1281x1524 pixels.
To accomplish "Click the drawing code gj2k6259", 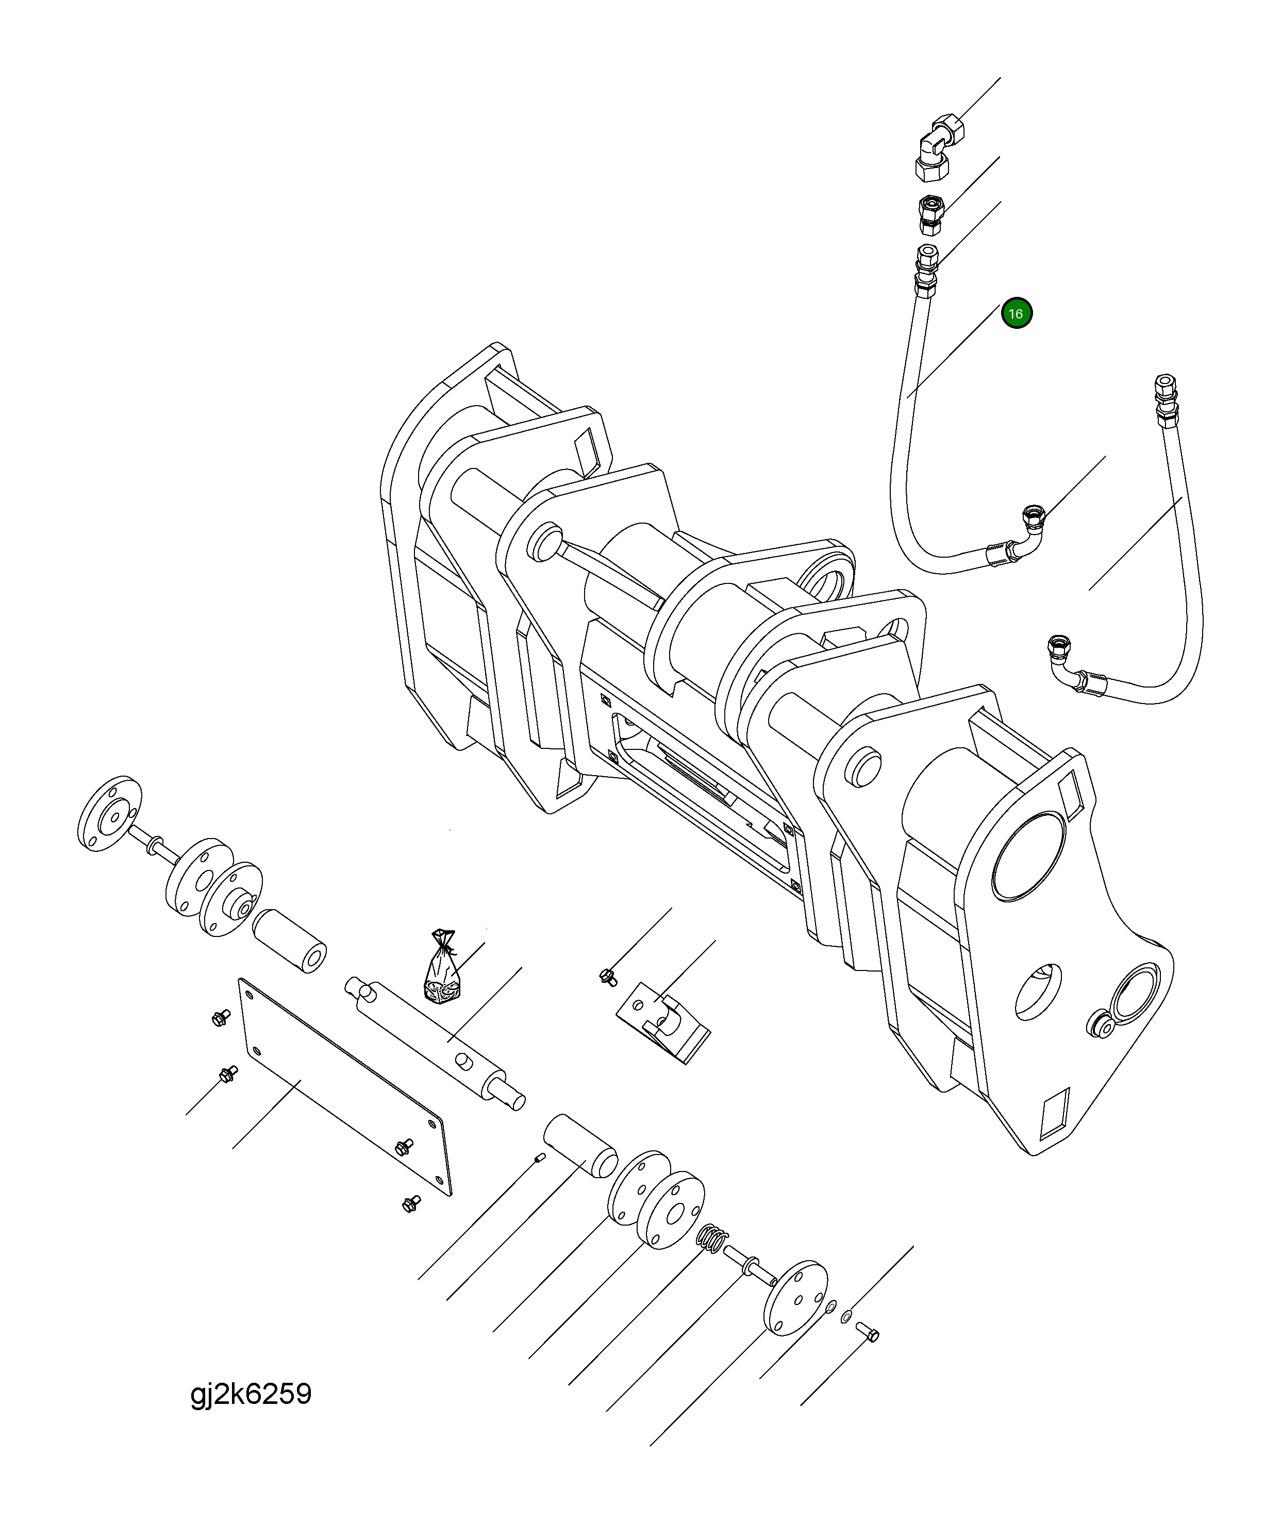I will click(x=251, y=1393).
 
